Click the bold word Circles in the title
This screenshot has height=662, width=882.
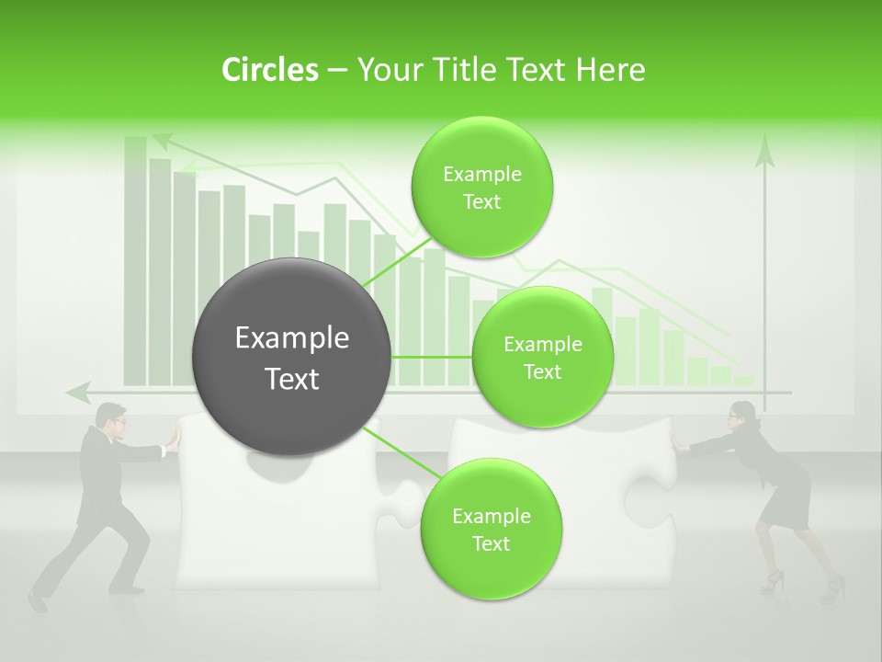[x=270, y=70]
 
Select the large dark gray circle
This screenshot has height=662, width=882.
[x=292, y=357]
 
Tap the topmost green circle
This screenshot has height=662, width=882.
[x=481, y=187]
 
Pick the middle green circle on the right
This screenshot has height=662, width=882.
[x=542, y=357]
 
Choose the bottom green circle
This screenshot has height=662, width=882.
[x=491, y=529]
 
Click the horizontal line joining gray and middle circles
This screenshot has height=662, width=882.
[x=432, y=357]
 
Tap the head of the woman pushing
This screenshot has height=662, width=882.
[x=741, y=415]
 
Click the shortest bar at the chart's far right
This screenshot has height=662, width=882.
[x=743, y=380]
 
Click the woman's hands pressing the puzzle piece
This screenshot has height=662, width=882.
[x=680, y=444]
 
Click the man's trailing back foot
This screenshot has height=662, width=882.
[x=37, y=601]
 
